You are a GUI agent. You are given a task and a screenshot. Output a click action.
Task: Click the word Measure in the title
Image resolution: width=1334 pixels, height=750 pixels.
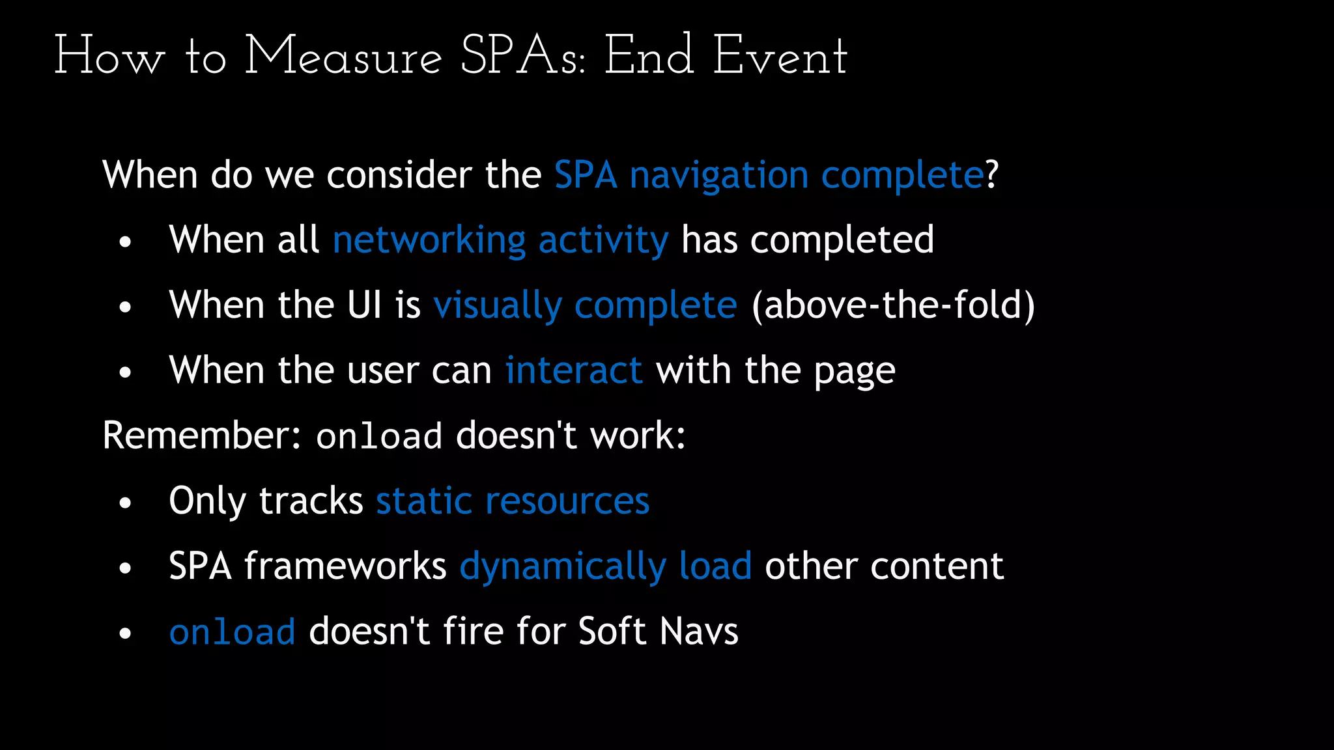343,57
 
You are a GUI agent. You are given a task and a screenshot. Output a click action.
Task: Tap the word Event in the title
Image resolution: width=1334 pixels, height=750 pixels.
780,57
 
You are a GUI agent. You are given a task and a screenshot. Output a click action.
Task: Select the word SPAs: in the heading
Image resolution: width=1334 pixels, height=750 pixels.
523,57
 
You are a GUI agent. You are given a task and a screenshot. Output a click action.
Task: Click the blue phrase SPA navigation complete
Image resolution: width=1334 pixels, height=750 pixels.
769,175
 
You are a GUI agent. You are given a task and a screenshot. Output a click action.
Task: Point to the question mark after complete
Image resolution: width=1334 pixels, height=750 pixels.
991,175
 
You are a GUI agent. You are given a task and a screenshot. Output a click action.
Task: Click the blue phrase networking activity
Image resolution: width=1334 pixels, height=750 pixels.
500,240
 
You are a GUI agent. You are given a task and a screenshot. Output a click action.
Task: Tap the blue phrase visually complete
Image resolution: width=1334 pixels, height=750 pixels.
585,305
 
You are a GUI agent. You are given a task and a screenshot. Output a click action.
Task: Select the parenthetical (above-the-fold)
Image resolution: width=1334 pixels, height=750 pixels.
893,305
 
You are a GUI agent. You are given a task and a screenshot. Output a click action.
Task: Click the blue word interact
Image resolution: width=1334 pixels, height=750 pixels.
574,370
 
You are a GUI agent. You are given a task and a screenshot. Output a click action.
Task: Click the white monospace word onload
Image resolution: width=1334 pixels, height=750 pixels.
379,437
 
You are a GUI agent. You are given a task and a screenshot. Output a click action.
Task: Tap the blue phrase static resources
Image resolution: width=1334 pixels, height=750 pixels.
513,501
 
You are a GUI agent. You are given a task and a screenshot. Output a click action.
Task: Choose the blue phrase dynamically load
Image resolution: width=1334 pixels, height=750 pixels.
606,566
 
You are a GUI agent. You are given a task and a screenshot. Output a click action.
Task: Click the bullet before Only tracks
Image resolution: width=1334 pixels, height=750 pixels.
126,503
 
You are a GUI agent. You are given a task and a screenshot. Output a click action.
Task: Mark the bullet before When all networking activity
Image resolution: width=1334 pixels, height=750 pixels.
126,242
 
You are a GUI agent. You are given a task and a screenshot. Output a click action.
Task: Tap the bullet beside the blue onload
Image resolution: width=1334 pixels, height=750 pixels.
126,633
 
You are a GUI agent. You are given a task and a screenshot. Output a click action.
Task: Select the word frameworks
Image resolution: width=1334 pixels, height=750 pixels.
345,566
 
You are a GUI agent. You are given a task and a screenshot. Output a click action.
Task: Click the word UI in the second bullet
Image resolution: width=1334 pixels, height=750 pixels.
364,305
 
